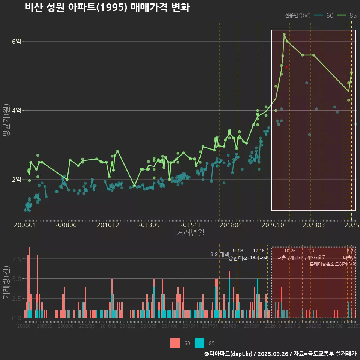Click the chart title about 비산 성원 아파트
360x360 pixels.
point(107,7)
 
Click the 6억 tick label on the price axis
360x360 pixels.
point(16,42)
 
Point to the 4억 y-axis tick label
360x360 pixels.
point(16,111)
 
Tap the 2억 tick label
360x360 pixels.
point(16,180)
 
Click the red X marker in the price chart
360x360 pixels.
point(287,67)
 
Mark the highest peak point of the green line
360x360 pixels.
point(284,34)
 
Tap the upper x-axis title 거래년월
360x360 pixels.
point(190,233)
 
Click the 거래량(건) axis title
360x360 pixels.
point(6,282)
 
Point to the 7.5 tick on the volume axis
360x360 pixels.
point(16,259)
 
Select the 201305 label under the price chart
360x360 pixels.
point(148,225)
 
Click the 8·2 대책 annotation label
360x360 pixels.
point(219,254)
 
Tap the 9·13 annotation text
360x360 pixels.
point(238,250)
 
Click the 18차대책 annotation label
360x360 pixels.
point(259,258)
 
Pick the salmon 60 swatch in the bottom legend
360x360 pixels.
point(175,343)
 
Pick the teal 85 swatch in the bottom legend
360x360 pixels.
point(199,343)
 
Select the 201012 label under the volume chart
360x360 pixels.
point(108,326)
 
